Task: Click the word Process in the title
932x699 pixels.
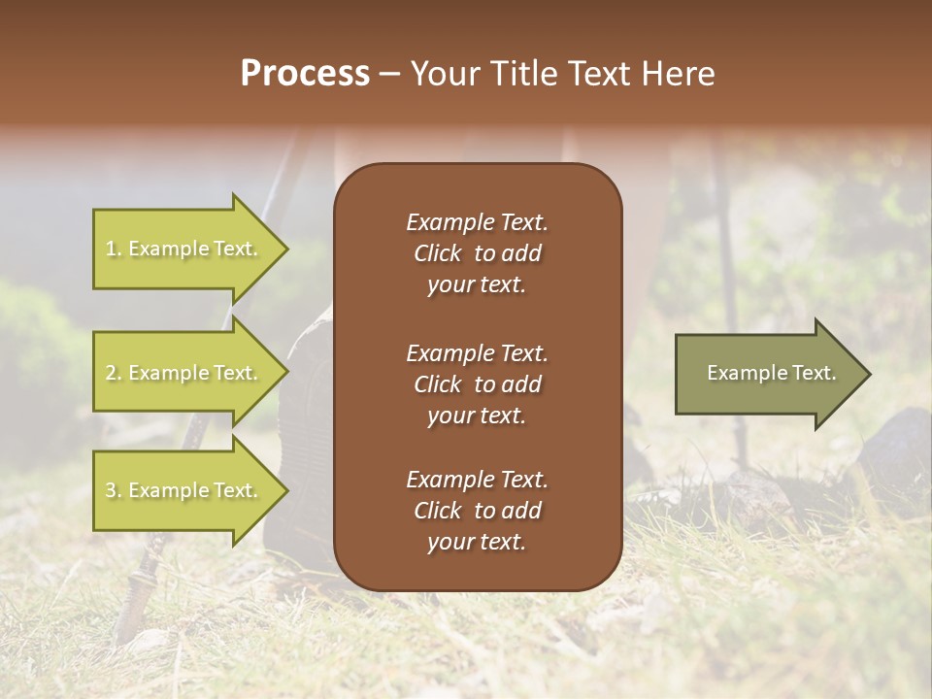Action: [x=305, y=74]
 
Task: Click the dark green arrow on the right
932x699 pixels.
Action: [x=767, y=373]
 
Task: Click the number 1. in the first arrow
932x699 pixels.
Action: [x=114, y=250]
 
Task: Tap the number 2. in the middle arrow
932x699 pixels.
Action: [x=114, y=374]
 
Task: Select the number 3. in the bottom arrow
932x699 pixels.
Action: [x=114, y=491]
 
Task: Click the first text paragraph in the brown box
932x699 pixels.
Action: [x=477, y=253]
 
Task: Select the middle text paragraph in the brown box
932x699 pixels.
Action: [x=477, y=383]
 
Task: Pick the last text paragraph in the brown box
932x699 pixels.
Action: [x=477, y=511]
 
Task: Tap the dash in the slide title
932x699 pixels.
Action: [x=390, y=75]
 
